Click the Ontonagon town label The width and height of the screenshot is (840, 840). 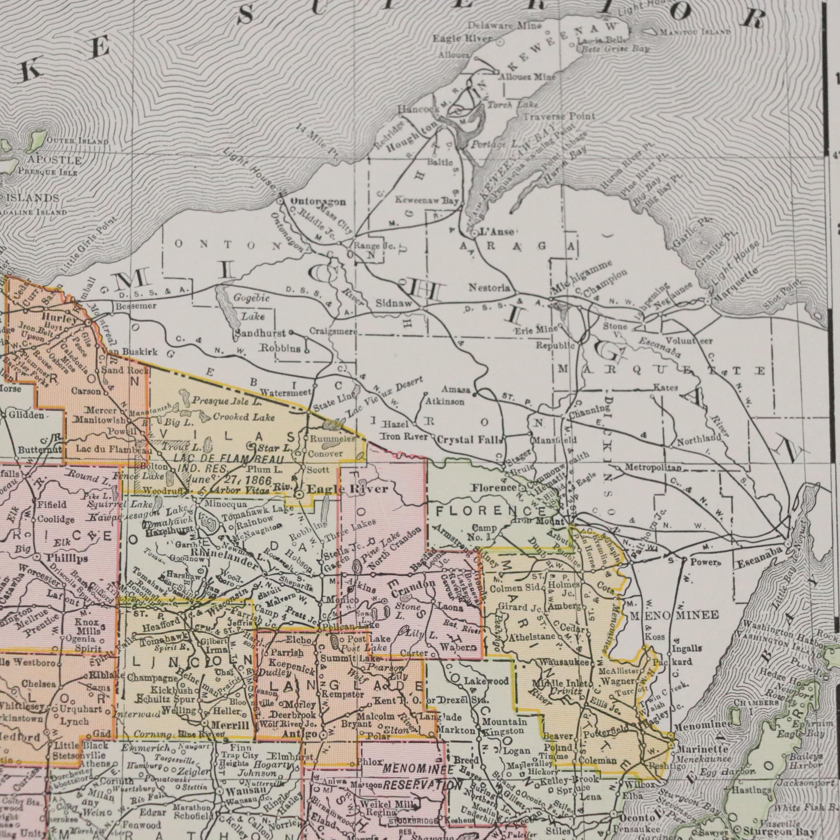click(x=318, y=202)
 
